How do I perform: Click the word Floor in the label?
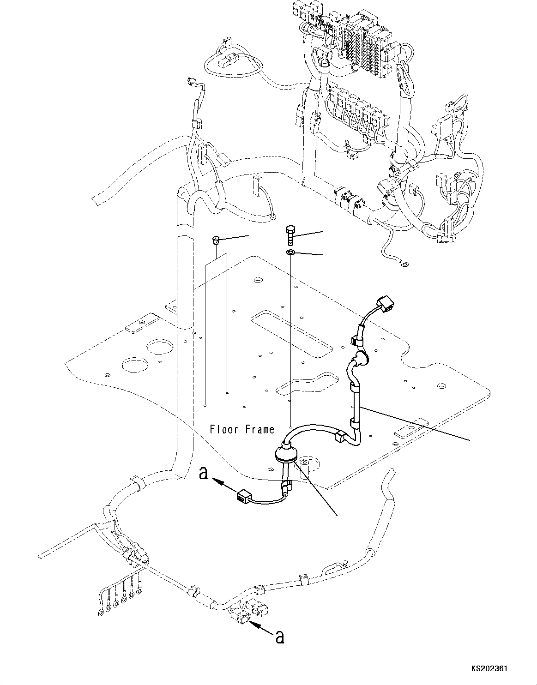click(223, 430)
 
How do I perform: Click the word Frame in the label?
click(259, 430)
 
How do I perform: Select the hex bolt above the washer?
click(290, 236)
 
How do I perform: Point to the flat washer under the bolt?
click(290, 252)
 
